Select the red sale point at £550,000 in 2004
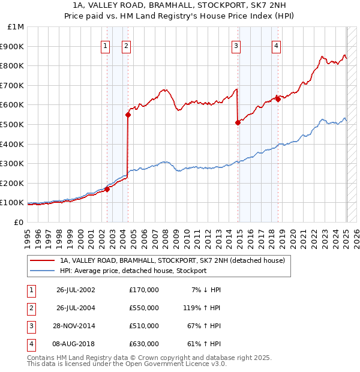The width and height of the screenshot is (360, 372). point(128,115)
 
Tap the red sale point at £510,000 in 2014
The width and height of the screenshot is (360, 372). point(238,122)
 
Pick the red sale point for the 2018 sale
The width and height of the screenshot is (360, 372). point(278,99)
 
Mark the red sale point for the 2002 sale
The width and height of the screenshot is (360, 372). point(107,189)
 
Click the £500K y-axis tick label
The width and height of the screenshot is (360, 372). point(13,124)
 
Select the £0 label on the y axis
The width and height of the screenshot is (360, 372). point(18,222)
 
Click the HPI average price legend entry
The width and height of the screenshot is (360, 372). point(133,271)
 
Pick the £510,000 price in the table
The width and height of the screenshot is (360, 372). point(143,326)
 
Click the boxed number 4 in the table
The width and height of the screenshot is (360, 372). point(31,344)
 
